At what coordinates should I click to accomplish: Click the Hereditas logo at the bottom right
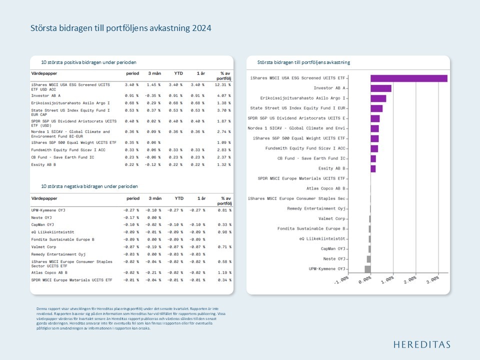[x=421, y=344]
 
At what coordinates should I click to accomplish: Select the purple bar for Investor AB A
[x=381, y=88]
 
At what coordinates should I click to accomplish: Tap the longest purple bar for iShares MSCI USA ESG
[x=408, y=78]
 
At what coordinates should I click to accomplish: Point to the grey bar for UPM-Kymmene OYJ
[x=367, y=269]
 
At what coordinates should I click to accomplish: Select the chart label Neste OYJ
[x=334, y=259]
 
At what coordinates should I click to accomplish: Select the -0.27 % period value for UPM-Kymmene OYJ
[x=131, y=210]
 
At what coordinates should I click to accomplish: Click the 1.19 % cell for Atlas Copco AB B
[x=224, y=272]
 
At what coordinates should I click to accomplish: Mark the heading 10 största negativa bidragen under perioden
[x=89, y=186]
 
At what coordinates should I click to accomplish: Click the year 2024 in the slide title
[x=201, y=28]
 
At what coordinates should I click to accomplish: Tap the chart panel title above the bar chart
[x=303, y=62]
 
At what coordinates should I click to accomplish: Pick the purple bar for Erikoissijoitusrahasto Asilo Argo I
[x=378, y=98]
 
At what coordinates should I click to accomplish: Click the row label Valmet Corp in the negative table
[x=43, y=247]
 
